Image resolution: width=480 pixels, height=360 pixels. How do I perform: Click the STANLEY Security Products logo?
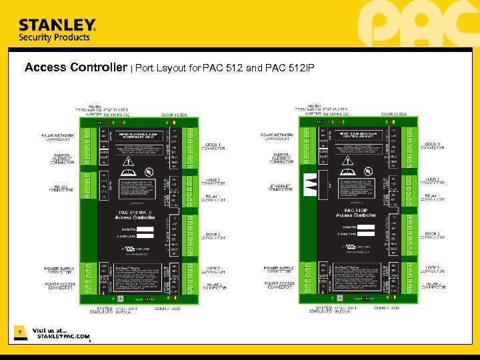pos(57,30)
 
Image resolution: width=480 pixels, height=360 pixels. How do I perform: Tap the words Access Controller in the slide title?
pos(75,67)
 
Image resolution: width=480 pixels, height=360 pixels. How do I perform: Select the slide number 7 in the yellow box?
pos(20,332)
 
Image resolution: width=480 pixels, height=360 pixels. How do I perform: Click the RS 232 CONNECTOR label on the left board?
pos(61,188)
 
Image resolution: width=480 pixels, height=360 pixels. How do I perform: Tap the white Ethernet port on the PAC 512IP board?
pos(311,183)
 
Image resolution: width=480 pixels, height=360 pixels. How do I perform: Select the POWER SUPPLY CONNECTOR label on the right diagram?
pos(278,270)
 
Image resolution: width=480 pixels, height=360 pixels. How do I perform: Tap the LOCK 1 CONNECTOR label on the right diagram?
pos(433,181)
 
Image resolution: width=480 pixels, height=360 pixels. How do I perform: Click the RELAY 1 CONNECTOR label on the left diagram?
pos(213,198)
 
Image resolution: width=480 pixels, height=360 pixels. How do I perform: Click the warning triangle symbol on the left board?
pos(127,162)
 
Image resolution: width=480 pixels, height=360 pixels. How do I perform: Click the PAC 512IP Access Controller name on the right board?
pos(356,213)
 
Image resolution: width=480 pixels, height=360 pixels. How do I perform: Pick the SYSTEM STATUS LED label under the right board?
pos(322,309)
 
